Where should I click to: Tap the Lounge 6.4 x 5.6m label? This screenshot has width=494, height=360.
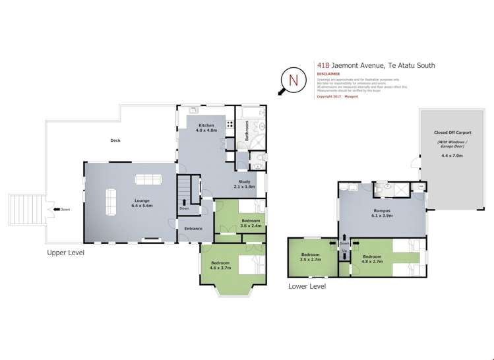pos(142,203)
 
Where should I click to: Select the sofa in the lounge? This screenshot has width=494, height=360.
pos(147,179)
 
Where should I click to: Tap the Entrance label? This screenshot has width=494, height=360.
pos(193,229)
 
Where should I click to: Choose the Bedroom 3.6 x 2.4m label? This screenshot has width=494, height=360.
pos(251,223)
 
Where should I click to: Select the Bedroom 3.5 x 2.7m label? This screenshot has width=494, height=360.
pos(310,257)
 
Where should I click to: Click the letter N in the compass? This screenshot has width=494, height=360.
pos(293,80)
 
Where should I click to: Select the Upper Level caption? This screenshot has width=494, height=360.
pos(66,252)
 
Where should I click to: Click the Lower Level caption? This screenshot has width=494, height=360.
pos(307,286)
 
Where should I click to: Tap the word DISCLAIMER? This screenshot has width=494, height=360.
pos(328,75)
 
